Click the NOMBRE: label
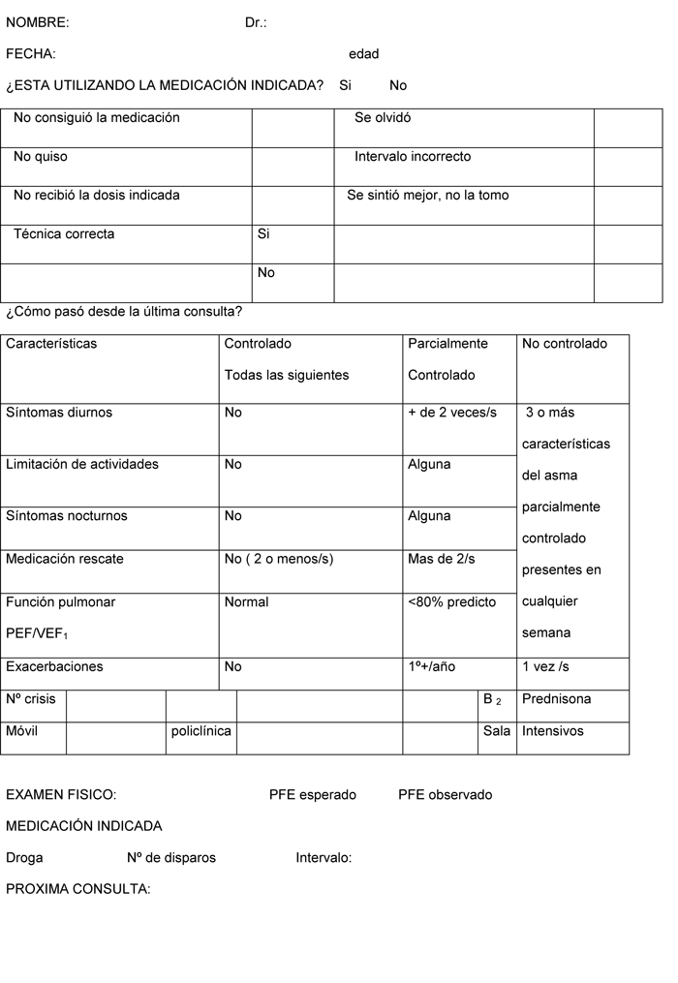(38, 22)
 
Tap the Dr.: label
(256, 22)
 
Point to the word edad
(363, 54)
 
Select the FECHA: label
(31, 54)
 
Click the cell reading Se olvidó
(383, 118)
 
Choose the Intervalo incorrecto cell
(413, 157)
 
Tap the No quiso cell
(41, 157)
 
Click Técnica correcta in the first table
(64, 234)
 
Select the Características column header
(51, 344)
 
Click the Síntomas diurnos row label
(59, 413)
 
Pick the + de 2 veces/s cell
(452, 413)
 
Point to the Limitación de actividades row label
(82, 465)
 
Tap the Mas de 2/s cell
(442, 559)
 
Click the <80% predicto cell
(451, 602)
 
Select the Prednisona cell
(556, 699)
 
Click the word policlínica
(200, 731)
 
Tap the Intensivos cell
(553, 731)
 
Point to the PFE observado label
(445, 795)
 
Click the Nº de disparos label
(171, 858)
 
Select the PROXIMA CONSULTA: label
(78, 889)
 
